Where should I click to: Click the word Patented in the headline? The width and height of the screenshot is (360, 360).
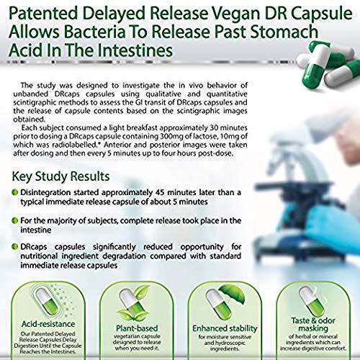[x=43, y=14]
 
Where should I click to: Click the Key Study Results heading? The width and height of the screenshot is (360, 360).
[x=60, y=176]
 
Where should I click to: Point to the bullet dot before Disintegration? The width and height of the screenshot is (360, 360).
[x=15, y=192]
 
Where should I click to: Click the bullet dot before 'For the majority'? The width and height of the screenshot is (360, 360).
[x=15, y=220]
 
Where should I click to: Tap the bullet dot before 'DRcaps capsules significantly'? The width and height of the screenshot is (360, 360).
[x=15, y=246]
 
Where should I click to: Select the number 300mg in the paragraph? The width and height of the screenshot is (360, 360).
[x=171, y=136]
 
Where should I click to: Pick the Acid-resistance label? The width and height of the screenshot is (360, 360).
[x=48, y=324]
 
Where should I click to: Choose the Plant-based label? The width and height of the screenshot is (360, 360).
[x=137, y=328]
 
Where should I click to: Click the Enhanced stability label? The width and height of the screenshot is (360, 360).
[x=225, y=328]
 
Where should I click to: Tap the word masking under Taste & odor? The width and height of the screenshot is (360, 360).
[x=313, y=328]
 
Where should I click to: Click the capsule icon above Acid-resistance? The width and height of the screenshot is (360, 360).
[x=47, y=301]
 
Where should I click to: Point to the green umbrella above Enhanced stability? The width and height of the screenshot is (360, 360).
[x=233, y=294]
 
